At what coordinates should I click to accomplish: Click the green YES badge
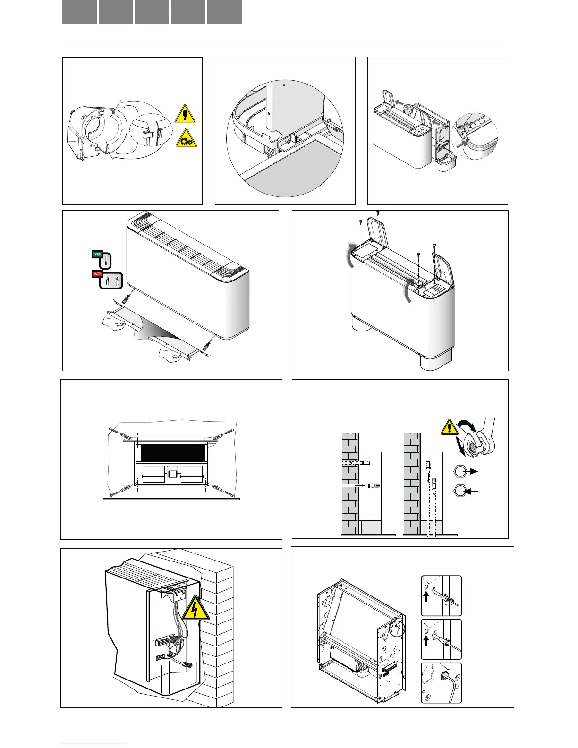97,254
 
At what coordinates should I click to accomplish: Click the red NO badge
97,274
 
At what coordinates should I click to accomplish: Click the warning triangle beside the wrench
450,427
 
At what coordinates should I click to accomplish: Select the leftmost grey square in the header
79,12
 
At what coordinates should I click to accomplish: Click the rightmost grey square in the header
224,12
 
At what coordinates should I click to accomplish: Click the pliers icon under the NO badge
111,281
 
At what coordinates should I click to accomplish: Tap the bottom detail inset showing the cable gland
441,683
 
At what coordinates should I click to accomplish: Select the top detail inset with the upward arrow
441,596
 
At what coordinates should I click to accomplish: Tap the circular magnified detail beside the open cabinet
475,136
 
